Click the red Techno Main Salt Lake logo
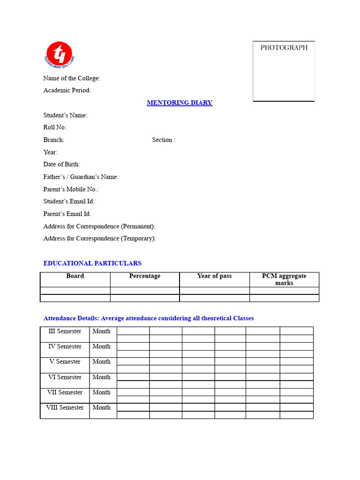click(x=59, y=53)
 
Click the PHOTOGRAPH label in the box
click(x=284, y=47)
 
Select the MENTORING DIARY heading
click(x=180, y=103)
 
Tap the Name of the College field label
click(x=72, y=78)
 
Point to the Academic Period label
click(x=67, y=90)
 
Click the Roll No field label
click(x=55, y=127)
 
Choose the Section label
click(x=164, y=140)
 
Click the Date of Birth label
click(x=62, y=165)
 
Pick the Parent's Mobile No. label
click(x=71, y=189)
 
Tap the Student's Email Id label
click(x=69, y=202)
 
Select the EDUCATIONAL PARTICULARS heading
click(x=92, y=263)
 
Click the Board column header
click(x=75, y=276)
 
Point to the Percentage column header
click(x=145, y=276)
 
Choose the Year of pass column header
click(x=214, y=276)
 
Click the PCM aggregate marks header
click(x=284, y=279)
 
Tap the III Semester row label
click(x=65, y=331)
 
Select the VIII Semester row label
click(x=65, y=408)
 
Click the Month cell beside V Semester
click(x=102, y=362)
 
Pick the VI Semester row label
click(x=65, y=377)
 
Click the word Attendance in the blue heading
click(x=59, y=318)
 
